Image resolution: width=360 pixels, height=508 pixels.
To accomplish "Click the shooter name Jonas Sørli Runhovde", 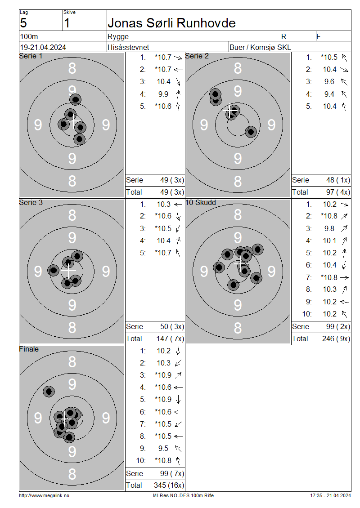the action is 171,23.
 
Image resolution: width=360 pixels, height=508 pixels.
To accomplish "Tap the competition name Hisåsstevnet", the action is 128,47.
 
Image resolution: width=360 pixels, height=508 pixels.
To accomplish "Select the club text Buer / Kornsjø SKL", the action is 260,47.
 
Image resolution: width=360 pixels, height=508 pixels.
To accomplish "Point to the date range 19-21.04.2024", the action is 43,47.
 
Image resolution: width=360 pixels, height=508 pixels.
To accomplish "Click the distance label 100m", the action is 29,36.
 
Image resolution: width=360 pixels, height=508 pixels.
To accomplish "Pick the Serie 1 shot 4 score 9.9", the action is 163,94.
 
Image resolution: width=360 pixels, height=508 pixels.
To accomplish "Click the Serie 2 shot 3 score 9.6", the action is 329,82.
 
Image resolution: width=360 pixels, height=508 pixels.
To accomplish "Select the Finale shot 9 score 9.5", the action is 163,448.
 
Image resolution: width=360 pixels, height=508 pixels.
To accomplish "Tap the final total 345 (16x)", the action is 169,486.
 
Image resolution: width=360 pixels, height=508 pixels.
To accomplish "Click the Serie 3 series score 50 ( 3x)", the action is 172,326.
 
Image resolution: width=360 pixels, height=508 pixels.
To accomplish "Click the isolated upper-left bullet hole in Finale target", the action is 49,392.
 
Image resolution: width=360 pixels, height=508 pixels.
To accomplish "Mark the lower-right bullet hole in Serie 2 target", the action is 251,132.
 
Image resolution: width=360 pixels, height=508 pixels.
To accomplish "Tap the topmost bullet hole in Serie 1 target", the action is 75,99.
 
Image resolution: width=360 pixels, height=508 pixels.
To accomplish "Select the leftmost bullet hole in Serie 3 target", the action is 54,270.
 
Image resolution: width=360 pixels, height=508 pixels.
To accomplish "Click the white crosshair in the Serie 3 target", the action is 68,271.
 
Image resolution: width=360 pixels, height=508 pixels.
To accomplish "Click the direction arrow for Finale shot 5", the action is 178,400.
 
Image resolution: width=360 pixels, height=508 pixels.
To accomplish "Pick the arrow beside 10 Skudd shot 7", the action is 344,278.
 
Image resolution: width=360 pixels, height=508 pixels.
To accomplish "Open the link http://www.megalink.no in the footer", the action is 44,496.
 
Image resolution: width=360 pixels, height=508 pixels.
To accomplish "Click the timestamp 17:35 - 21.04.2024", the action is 330,496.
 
